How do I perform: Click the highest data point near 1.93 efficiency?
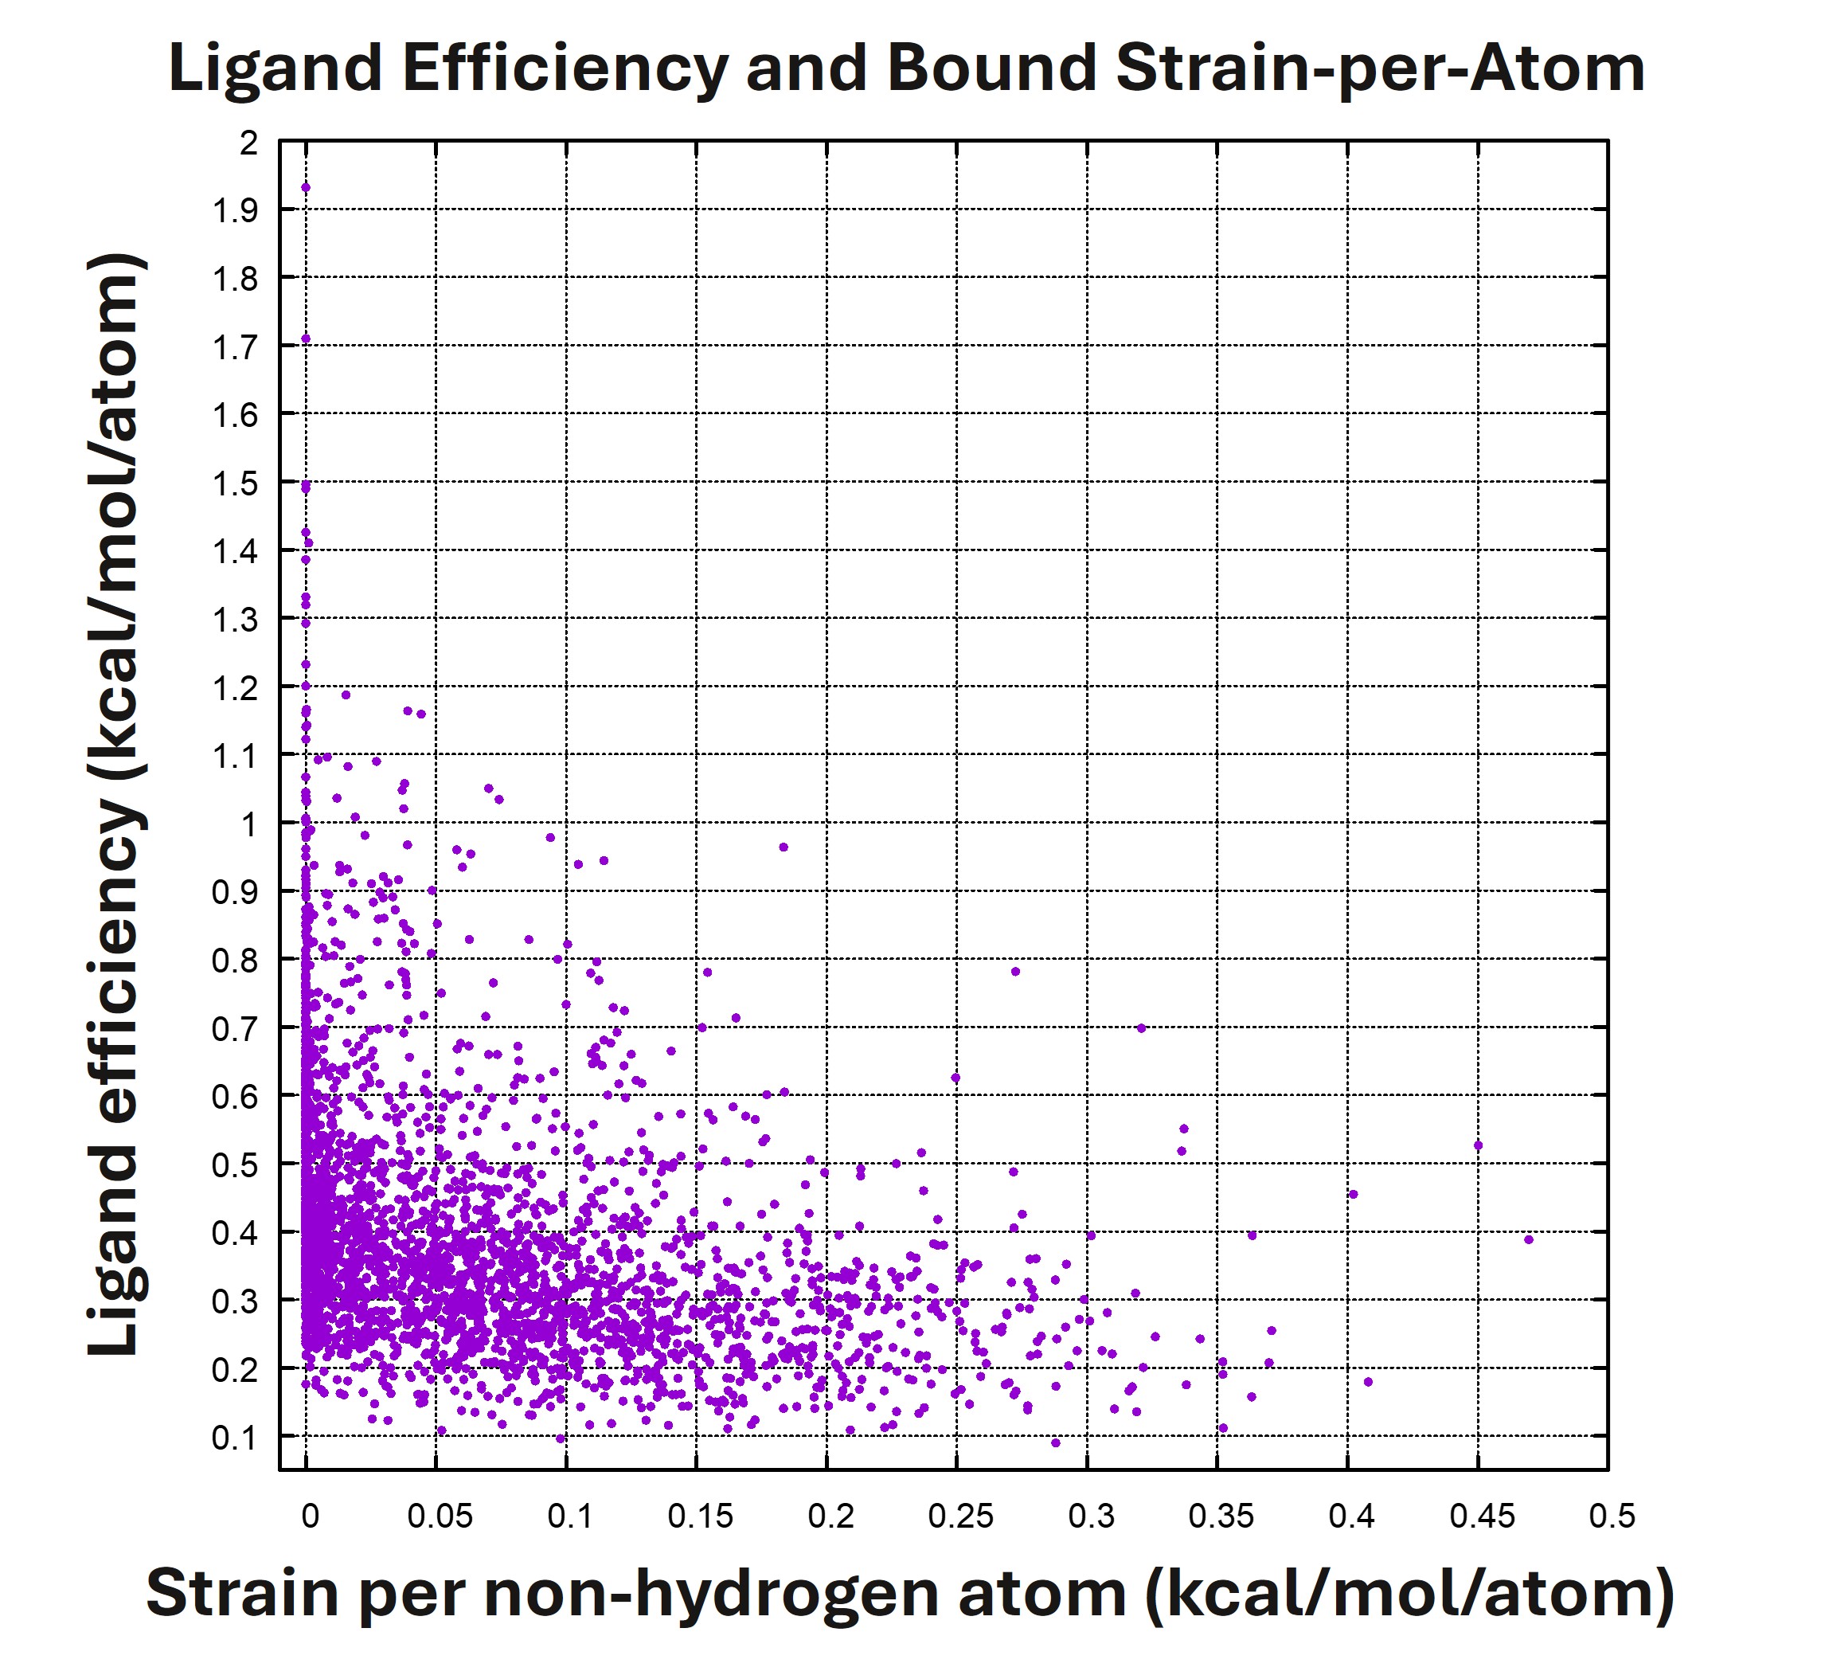(x=305, y=188)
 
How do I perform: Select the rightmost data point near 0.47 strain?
(x=1529, y=1239)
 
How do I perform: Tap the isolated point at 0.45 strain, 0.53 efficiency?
(x=1478, y=1145)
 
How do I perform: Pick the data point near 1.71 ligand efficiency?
(x=305, y=339)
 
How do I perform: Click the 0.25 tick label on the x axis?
(x=960, y=1517)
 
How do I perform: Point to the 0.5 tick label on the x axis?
(x=1612, y=1517)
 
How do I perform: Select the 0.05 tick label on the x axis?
(x=440, y=1517)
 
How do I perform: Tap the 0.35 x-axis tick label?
(x=1221, y=1517)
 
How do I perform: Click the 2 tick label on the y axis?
(x=248, y=143)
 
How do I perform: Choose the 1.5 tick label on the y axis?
(x=235, y=483)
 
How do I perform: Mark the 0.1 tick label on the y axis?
(x=235, y=1438)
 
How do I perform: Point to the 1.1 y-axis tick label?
(x=235, y=756)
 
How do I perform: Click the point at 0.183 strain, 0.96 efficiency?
(x=783, y=847)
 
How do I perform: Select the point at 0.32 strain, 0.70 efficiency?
(x=1142, y=1027)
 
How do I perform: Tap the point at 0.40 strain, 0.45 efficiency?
(x=1354, y=1194)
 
